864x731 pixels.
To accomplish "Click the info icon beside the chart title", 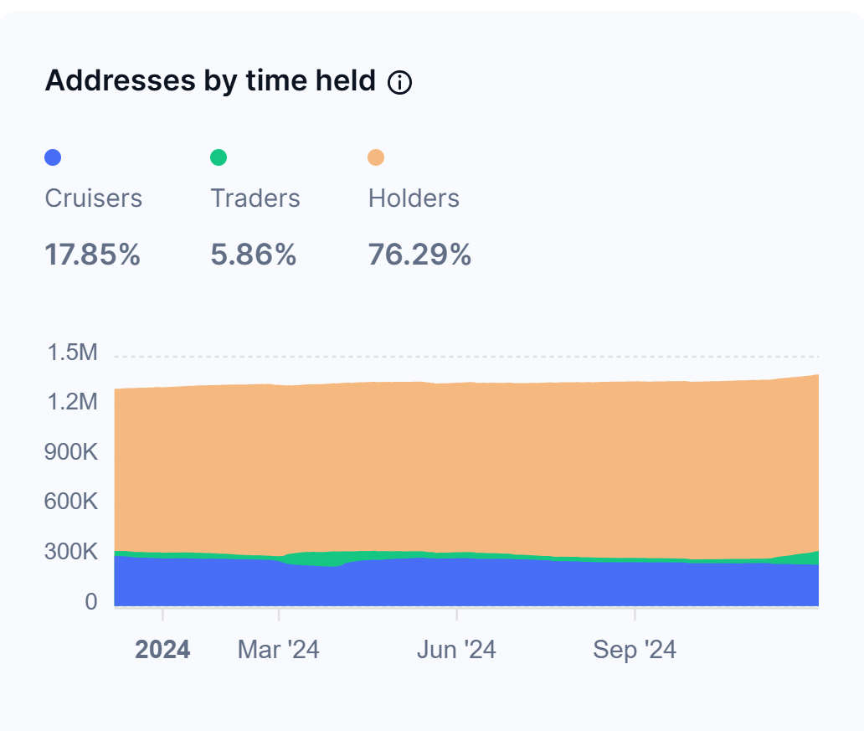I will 400,82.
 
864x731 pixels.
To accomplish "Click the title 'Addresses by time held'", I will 210,81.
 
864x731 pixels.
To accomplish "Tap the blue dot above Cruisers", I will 53,157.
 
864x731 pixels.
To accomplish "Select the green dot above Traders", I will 219,157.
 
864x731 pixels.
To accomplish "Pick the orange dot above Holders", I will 377,157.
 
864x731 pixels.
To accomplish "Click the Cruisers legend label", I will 93,198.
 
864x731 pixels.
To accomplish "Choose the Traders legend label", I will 255,198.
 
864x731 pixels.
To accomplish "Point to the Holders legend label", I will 414,198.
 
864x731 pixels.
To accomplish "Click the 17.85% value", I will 92,255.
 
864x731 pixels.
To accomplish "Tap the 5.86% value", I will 254,255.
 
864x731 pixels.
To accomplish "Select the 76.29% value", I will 419,255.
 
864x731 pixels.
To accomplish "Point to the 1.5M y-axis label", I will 73,353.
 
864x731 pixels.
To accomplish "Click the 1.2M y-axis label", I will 73,403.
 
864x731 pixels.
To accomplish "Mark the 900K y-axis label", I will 69,453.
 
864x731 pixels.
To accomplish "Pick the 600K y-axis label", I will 69,502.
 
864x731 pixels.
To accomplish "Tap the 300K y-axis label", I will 69,553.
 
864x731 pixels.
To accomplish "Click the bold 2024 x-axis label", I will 162,650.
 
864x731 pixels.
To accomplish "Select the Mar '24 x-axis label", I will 279,650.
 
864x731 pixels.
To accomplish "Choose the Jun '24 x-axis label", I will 456,650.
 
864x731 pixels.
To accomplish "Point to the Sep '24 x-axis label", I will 635,650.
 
